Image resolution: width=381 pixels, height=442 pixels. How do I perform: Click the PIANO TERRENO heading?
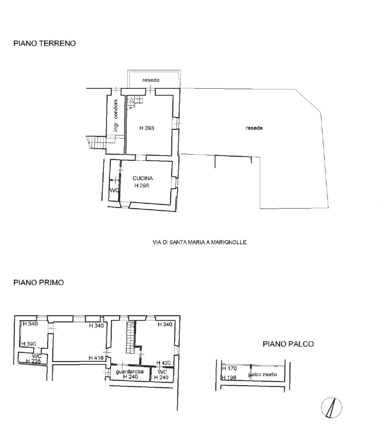[44, 43]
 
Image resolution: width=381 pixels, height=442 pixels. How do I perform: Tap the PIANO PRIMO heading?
[38, 283]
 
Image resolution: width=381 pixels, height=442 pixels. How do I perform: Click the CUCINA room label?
[143, 178]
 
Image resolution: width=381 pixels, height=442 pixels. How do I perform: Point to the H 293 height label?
[146, 128]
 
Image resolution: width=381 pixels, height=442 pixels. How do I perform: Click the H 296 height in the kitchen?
[142, 185]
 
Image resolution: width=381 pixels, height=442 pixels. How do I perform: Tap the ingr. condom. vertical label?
[116, 115]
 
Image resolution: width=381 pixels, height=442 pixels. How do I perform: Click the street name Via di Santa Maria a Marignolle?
[199, 242]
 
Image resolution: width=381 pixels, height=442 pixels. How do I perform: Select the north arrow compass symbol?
[331, 407]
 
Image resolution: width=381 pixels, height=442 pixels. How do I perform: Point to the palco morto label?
[263, 374]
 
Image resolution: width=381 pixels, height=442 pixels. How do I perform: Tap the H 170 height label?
[229, 368]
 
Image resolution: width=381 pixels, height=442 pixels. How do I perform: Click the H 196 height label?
[229, 378]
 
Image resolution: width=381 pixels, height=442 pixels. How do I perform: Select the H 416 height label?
[96, 358]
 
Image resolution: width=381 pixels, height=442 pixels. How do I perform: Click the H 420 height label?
[164, 363]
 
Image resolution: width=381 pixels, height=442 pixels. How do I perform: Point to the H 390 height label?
[29, 344]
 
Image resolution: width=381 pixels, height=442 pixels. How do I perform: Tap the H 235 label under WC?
[33, 361]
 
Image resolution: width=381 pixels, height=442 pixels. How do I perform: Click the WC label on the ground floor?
[114, 190]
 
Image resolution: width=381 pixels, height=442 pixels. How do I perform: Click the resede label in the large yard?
[254, 128]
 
